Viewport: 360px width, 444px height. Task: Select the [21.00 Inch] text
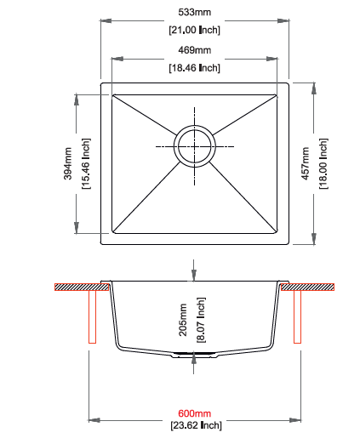tap(194, 31)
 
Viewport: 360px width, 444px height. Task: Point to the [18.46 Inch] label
tap(194, 68)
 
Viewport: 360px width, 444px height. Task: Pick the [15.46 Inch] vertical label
tap(85, 163)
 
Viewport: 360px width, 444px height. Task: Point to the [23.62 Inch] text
tap(194, 424)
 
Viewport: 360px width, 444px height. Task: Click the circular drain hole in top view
tap(194, 147)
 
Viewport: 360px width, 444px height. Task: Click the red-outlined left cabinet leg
tap(91, 318)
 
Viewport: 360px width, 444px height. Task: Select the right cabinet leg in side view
tap(297, 318)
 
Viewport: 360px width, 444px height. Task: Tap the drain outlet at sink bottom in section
tap(194, 351)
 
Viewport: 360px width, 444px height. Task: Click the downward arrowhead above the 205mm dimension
tap(194, 275)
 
